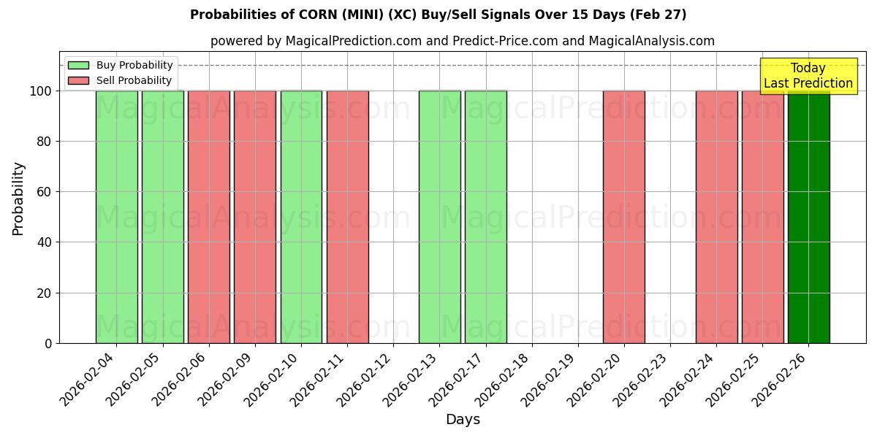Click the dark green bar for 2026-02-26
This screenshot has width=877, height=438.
808,217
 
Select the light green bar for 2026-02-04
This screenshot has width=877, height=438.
117,217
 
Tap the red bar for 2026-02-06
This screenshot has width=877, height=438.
209,217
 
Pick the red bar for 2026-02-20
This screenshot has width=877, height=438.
624,217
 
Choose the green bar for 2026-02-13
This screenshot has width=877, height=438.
439,217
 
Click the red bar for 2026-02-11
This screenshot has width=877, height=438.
347,217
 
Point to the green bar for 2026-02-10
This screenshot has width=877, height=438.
301,217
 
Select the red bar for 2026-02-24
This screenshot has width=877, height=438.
716,217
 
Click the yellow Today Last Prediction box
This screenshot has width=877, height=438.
808,76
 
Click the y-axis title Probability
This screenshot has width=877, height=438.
18,199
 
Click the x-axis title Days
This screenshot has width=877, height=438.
463,420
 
